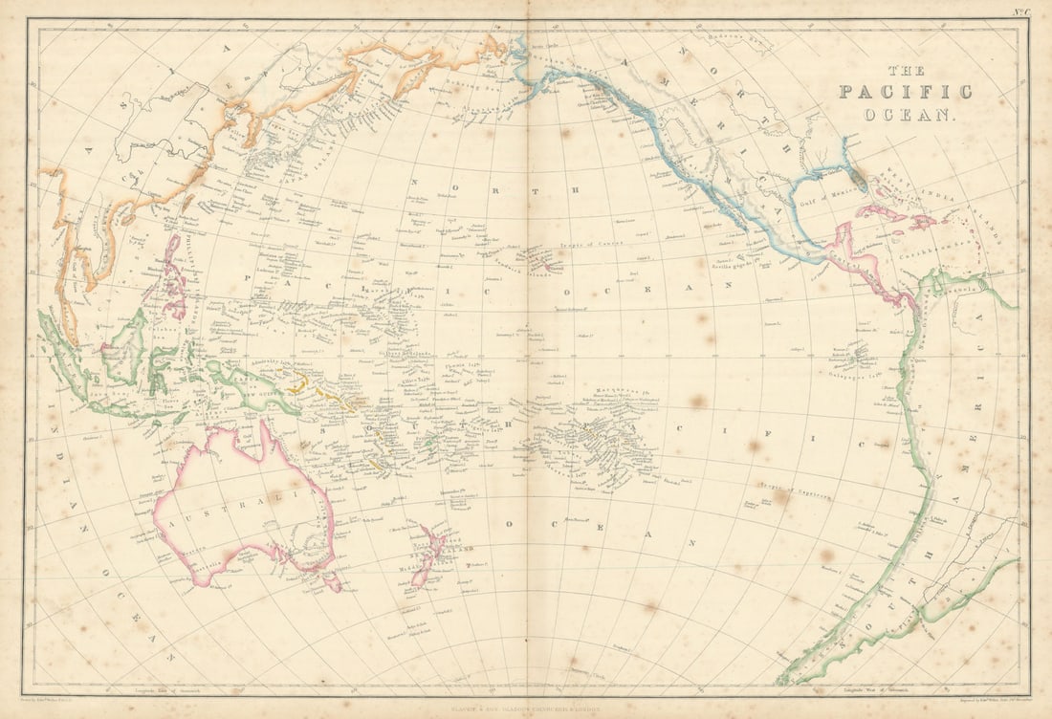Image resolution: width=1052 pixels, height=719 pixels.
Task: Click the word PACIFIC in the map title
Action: [905, 92]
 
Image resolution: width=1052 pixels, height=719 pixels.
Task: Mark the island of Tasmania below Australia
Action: [331, 581]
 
